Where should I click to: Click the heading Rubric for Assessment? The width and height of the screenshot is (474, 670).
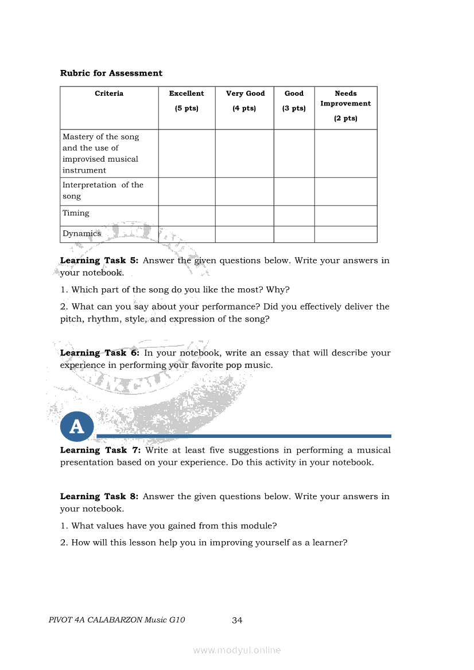click(111, 73)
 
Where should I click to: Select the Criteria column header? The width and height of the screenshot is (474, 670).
click(109, 93)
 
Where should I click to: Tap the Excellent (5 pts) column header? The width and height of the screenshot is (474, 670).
click(187, 101)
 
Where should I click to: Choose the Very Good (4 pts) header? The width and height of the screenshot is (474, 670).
click(244, 101)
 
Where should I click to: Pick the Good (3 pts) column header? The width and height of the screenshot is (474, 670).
click(294, 101)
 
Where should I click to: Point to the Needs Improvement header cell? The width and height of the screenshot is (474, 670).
click(345, 105)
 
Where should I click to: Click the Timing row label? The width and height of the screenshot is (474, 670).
click(76, 213)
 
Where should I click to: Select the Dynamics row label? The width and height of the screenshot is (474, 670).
click(81, 234)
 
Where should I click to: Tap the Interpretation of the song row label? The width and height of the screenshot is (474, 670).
click(103, 191)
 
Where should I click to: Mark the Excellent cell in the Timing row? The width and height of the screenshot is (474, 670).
click(187, 216)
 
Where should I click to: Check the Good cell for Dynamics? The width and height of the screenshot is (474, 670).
click(294, 234)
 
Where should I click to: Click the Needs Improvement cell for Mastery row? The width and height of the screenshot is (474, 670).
click(345, 154)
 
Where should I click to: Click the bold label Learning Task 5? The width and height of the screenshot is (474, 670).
click(99, 260)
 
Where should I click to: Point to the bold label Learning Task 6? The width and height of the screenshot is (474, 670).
click(99, 353)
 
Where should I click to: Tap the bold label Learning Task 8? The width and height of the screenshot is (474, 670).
click(99, 496)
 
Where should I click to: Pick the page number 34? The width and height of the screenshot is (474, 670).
click(237, 620)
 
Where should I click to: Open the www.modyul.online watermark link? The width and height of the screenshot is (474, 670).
click(237, 651)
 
